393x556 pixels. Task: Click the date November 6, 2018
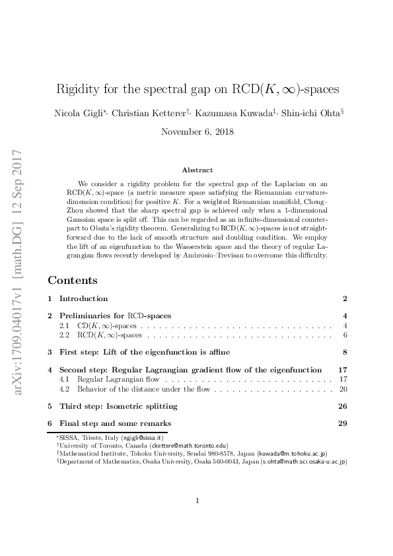click(x=196, y=131)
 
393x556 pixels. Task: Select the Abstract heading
click(x=197, y=170)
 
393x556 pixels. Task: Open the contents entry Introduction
click(x=83, y=298)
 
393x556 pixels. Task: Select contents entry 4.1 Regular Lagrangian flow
click(x=118, y=380)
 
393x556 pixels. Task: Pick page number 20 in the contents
click(x=343, y=389)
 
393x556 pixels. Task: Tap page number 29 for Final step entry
click(x=343, y=423)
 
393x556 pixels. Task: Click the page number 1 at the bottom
click(x=197, y=501)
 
